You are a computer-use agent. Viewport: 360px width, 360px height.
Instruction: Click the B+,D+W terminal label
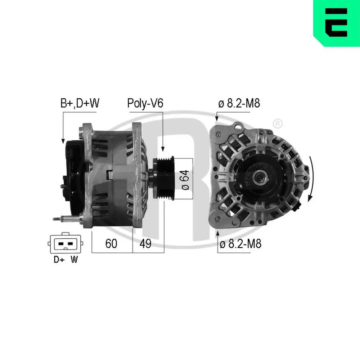coord(80,104)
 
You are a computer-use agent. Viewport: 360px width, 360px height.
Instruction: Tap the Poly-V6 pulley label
coord(145,104)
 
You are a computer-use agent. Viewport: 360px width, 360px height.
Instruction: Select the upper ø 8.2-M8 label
coord(239,104)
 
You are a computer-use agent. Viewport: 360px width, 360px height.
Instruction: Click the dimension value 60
coord(111,244)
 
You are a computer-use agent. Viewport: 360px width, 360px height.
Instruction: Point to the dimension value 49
coord(145,244)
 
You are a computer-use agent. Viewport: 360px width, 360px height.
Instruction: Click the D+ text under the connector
coord(59,260)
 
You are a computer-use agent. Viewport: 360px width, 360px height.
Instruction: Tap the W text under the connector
coord(74,260)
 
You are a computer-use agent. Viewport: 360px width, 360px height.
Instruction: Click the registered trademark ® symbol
coord(278,124)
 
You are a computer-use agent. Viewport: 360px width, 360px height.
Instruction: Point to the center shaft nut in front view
coord(259,177)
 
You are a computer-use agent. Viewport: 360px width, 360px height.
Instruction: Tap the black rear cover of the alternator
coord(74,176)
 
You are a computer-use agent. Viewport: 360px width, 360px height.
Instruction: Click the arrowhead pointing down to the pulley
coord(163,148)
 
